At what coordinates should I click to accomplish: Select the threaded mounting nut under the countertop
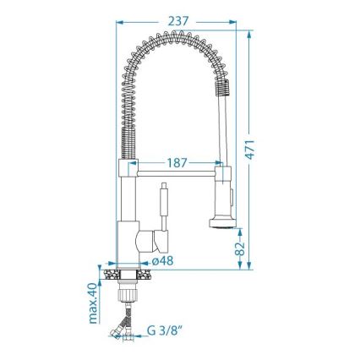127,292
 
